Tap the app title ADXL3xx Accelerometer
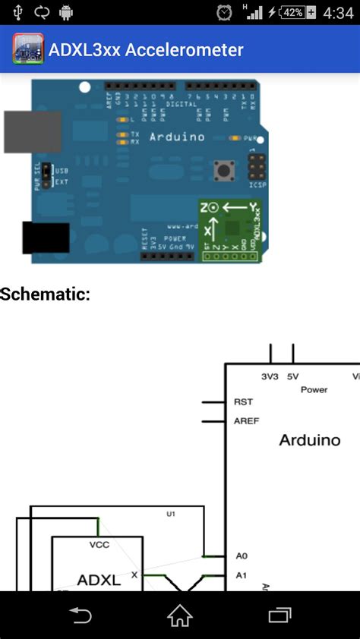pos(146,50)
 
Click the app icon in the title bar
pos(28,50)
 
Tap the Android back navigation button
pos(80,615)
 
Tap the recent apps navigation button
pos(279,615)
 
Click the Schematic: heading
pos(46,294)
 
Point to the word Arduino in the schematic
pos(309,440)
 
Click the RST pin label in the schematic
pos(243,402)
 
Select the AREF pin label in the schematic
pos(246,420)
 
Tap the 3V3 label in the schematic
pos(269,376)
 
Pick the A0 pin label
pos(241,556)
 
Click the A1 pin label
pos(241,575)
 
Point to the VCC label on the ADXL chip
pos(99,544)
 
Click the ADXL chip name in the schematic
pos(99,581)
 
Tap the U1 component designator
pos(171,514)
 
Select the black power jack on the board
pos(46,238)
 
